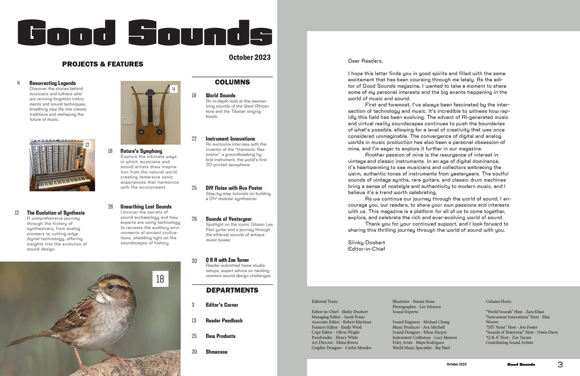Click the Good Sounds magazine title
click(x=145, y=33)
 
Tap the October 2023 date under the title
click(x=249, y=57)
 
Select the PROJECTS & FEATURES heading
click(x=103, y=64)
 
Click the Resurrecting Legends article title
click(x=53, y=83)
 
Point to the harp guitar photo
click(x=150, y=113)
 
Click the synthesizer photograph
click(x=62, y=165)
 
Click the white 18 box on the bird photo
click(x=160, y=279)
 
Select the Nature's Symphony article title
click(x=141, y=151)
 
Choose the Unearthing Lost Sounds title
click(x=146, y=206)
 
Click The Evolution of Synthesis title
click(x=55, y=213)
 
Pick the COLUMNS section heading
click(x=232, y=82)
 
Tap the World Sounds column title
click(x=221, y=96)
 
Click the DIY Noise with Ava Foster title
click(x=234, y=188)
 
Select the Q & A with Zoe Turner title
click(x=227, y=260)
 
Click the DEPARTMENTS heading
click(x=232, y=290)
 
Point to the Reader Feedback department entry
click(x=224, y=320)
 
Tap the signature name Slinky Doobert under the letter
click(x=366, y=242)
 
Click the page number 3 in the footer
click(x=560, y=365)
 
